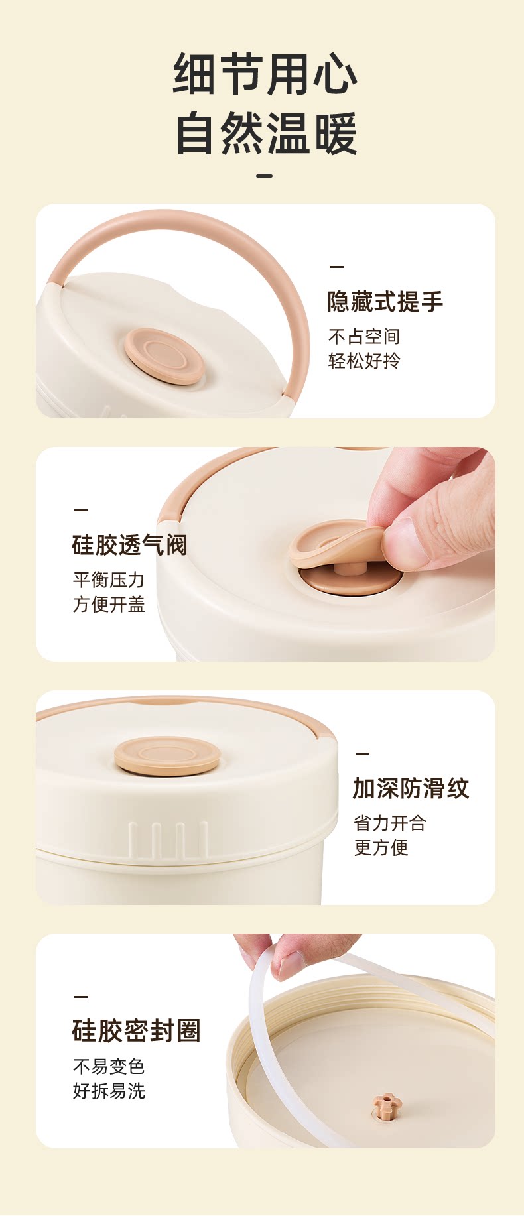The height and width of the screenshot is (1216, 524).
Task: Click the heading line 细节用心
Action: (x=265, y=74)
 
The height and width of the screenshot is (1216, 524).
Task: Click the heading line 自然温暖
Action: (x=265, y=133)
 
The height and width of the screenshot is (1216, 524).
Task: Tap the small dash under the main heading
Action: (x=265, y=176)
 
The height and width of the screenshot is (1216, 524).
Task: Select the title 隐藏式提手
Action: (x=385, y=302)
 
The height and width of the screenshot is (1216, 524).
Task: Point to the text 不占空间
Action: (x=364, y=337)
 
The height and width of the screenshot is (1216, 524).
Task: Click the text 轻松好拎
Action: (x=364, y=361)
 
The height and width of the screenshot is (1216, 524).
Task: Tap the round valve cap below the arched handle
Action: (x=164, y=356)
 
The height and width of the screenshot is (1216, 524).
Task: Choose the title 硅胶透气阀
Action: (x=129, y=545)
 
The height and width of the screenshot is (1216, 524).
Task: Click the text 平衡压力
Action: (x=109, y=580)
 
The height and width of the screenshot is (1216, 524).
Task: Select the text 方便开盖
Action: (x=109, y=604)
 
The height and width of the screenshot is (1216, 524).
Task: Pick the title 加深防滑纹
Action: (x=411, y=788)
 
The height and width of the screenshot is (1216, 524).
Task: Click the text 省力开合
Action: (x=390, y=823)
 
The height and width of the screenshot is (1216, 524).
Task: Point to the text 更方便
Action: (x=381, y=847)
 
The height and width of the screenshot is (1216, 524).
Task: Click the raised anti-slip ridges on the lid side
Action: (x=168, y=839)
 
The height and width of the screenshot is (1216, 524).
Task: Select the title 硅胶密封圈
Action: (x=136, y=1031)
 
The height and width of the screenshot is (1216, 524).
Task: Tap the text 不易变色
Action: (x=109, y=1067)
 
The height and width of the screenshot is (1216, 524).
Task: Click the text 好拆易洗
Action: (x=109, y=1091)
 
